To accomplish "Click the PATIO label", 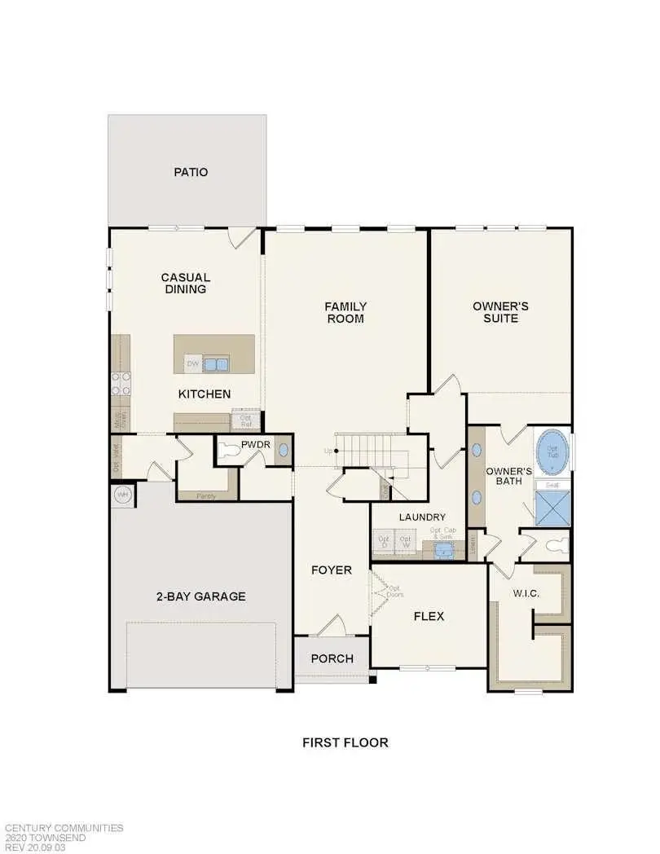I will [191, 172].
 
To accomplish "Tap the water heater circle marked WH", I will [123, 495].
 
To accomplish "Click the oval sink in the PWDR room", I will [283, 449].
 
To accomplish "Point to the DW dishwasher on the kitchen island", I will [192, 363].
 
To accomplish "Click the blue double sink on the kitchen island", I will [216, 363].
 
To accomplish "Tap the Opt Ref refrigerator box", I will [244, 421].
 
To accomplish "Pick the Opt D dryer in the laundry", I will [383, 543].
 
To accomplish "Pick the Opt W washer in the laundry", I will [405, 543].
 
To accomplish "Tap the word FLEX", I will [429, 616].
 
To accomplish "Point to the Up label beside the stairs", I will [328, 451].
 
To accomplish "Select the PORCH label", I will [332, 658].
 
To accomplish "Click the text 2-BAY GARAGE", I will [200, 596].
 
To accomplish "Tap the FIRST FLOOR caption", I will [345, 742].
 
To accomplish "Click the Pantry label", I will [206, 495].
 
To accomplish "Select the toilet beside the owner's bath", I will [557, 546].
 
